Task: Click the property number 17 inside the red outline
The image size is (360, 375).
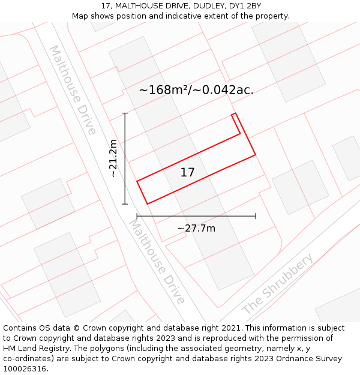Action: [188, 173]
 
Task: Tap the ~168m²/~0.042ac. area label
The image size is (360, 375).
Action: [196, 90]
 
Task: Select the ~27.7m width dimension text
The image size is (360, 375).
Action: [196, 228]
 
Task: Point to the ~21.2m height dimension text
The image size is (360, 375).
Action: [114, 158]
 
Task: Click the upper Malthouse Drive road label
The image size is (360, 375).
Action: [72, 90]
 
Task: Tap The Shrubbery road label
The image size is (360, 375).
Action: [278, 284]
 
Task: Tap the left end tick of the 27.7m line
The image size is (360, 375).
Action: [137, 215]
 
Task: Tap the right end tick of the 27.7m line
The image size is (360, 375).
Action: [256, 215]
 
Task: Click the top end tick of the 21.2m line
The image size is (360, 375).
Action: [125, 113]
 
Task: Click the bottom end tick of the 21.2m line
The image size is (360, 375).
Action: [125, 204]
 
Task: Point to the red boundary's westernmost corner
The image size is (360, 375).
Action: [137, 181]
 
